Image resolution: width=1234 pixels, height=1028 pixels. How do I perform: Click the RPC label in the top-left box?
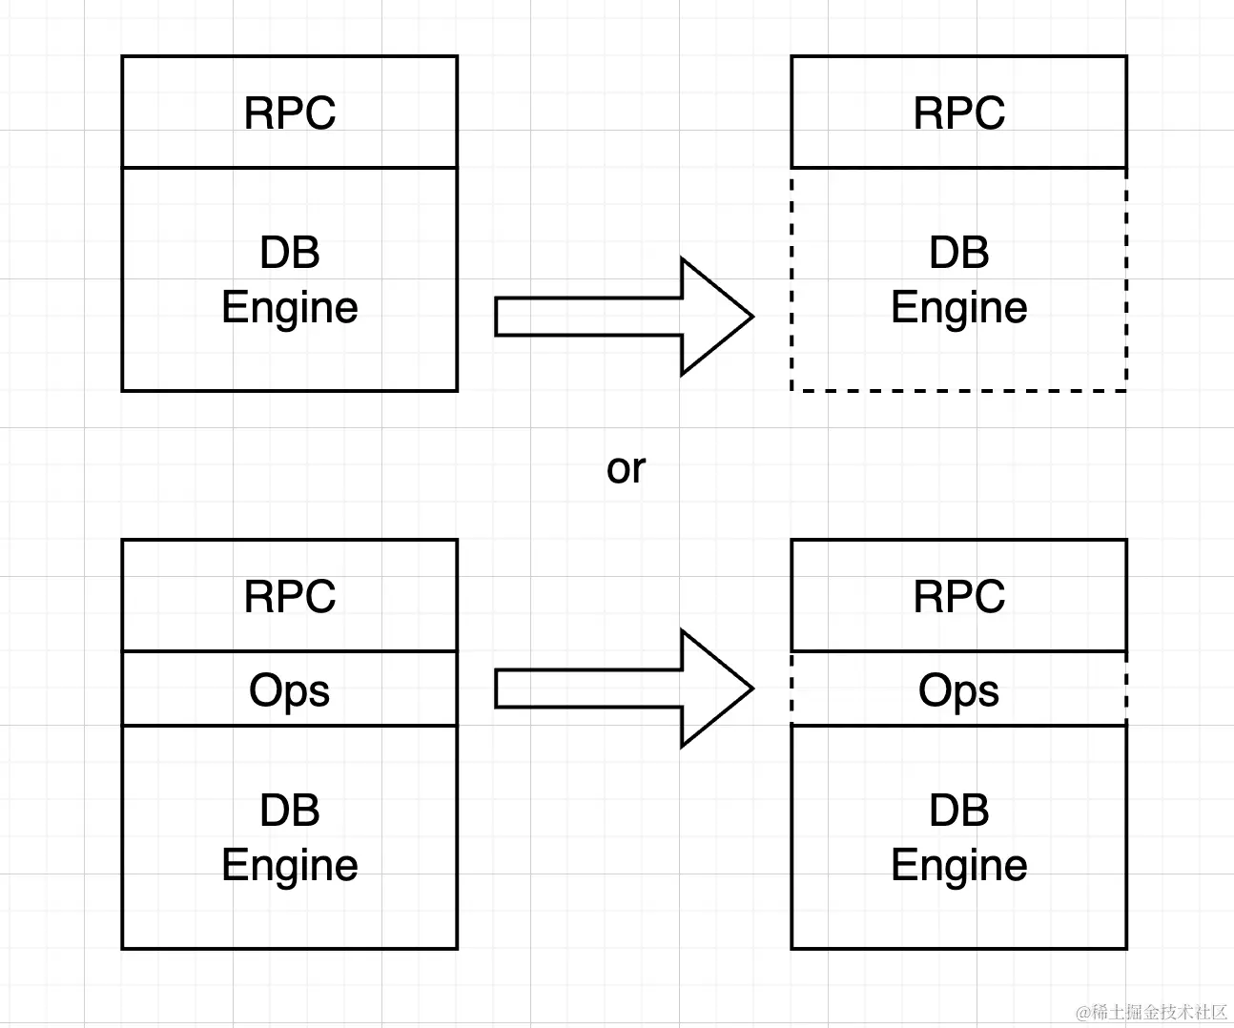290,113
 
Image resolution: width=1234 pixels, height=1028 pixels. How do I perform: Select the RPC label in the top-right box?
959,113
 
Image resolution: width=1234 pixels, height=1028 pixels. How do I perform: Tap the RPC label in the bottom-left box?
290,597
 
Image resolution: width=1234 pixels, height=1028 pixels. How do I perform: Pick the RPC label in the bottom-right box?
959,597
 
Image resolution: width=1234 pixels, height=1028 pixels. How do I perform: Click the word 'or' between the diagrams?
626,468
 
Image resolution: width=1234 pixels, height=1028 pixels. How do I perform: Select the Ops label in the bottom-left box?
290,690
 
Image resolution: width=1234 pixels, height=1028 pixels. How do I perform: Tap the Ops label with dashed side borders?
959,690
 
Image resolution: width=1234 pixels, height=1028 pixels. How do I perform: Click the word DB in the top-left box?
290,253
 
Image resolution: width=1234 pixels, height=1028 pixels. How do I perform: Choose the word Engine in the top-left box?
290,308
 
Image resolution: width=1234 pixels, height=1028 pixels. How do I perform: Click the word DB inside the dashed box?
959,253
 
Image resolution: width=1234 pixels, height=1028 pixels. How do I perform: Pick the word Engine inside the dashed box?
959,308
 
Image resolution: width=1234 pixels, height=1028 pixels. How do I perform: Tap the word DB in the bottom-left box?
290,811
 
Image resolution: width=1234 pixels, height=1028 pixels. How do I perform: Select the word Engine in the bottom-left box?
290,866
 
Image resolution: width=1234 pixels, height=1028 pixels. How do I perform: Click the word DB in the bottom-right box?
959,811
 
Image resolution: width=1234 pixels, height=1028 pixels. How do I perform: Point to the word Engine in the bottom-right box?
959,866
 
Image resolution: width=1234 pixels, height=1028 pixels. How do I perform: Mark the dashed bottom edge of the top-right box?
959,390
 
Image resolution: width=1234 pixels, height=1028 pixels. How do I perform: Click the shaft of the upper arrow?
587,317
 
